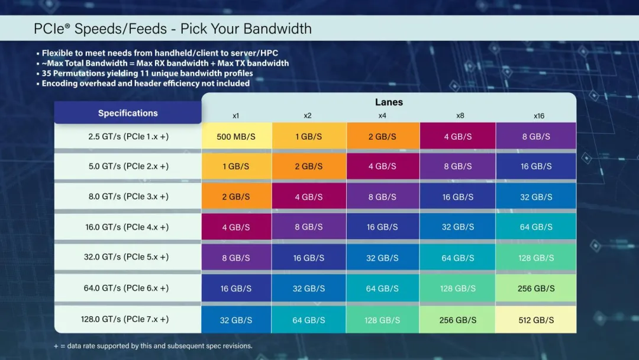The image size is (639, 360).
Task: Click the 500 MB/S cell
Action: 236,136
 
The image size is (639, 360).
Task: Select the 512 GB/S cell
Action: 536,320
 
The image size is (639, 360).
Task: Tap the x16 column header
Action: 538,116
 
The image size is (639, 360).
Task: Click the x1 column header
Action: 236,116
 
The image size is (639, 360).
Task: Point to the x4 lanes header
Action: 382,116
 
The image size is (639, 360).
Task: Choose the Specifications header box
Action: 128,113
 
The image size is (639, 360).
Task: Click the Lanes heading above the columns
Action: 389,102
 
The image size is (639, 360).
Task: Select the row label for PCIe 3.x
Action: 128,197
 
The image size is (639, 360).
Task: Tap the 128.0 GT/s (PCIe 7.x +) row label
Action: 125,319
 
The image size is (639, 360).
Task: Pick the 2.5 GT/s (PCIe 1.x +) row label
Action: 128,136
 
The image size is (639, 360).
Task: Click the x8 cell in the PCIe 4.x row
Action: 458,227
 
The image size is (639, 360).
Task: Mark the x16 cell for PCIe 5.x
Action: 536,258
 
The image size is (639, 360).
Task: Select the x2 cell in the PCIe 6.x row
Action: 309,288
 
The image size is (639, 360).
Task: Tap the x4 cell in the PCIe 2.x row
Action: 382,166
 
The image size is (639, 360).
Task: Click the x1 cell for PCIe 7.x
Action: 236,320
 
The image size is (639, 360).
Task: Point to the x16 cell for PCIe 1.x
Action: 536,136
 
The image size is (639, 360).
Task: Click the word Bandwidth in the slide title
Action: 277,28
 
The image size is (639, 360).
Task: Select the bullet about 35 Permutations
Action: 147,73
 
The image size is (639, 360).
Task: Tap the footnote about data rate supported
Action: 153,346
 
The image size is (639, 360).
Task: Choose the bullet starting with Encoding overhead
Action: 146,83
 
